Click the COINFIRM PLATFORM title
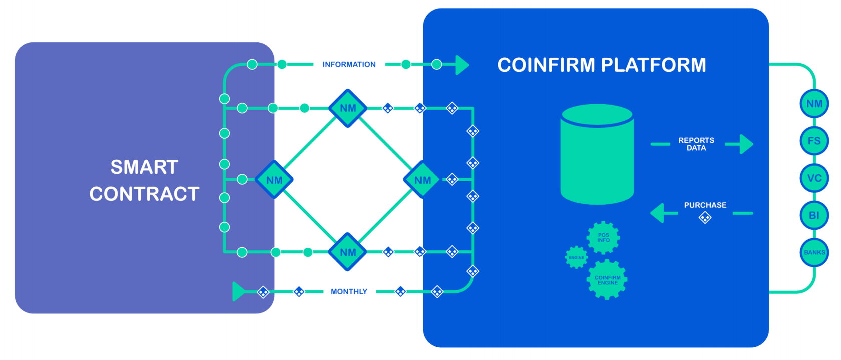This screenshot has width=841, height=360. (x=602, y=65)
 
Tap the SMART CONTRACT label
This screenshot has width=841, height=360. (x=144, y=181)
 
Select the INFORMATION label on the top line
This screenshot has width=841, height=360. (x=349, y=64)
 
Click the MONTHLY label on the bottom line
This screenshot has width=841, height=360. (x=349, y=292)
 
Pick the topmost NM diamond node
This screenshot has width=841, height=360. (x=348, y=108)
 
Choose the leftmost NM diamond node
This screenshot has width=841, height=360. (x=274, y=180)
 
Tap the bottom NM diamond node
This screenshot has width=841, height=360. (x=348, y=252)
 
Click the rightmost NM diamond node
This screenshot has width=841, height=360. (x=423, y=180)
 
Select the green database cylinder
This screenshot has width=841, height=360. (x=597, y=154)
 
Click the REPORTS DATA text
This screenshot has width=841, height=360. (x=696, y=144)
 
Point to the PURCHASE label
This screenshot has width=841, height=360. (x=705, y=205)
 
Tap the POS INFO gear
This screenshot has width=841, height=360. (x=603, y=238)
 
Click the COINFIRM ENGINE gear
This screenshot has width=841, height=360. (x=607, y=280)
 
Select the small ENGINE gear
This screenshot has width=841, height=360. (x=576, y=257)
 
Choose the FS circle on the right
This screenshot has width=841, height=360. (x=814, y=141)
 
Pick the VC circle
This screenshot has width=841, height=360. (x=814, y=178)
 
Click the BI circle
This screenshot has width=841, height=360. (x=814, y=215)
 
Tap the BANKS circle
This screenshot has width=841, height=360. (x=814, y=252)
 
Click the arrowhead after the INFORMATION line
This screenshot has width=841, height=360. (x=462, y=65)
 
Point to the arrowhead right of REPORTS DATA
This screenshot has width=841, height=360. (x=746, y=144)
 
